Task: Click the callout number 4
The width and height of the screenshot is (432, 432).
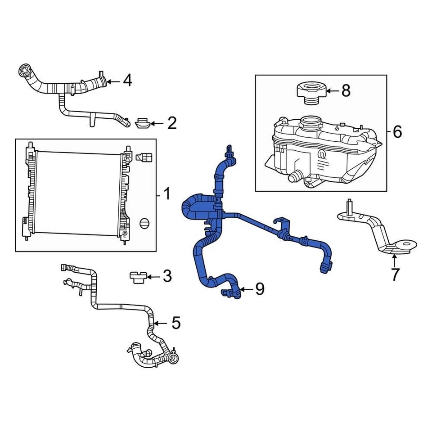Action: click(127, 81)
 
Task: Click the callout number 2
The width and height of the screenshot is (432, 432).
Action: click(171, 123)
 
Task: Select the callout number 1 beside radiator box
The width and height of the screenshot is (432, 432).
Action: click(166, 195)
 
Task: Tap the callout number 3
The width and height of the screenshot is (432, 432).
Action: click(167, 276)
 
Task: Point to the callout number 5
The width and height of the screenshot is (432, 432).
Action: click(175, 322)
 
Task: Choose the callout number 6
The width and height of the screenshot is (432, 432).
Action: click(397, 132)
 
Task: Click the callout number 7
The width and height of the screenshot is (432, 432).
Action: click(395, 274)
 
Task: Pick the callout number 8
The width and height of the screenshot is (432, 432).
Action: click(346, 91)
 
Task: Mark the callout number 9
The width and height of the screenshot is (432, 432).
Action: click(260, 289)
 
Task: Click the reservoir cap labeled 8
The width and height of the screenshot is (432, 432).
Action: click(310, 91)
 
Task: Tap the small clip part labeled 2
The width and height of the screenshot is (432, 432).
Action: click(142, 123)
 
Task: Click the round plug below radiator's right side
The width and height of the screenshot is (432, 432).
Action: click(144, 223)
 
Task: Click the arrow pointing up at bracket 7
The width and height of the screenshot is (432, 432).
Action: click(394, 260)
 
